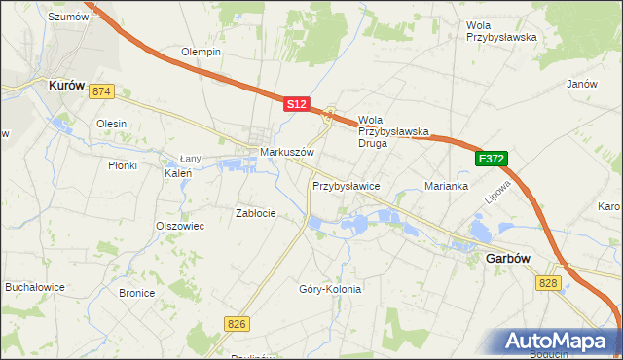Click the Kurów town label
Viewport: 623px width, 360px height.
(69, 85)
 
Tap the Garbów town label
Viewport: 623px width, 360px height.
(506, 259)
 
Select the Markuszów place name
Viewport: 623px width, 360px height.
(285, 153)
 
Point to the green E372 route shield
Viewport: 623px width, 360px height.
(492, 158)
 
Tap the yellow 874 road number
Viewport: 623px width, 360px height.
(101, 91)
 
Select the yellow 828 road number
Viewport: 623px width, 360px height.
(547, 281)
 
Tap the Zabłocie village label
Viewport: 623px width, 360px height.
(256, 213)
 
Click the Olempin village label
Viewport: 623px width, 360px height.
(202, 52)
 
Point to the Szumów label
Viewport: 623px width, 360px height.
(68, 17)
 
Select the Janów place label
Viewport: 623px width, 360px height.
(581, 84)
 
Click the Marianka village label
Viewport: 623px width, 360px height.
(448, 185)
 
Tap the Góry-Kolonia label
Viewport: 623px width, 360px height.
(330, 289)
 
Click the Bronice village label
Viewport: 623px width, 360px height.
(136, 292)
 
